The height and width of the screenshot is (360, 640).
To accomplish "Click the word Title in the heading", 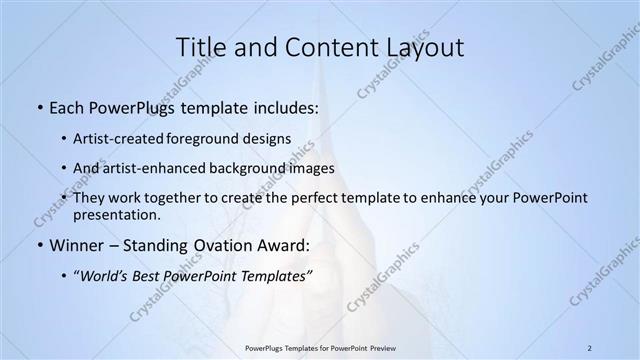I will pos(204,47).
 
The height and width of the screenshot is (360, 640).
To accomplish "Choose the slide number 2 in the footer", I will pos(589,348).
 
